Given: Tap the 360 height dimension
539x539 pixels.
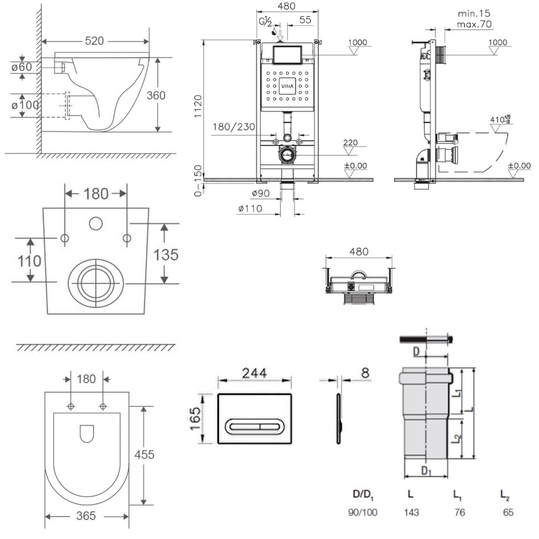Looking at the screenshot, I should [x=155, y=94].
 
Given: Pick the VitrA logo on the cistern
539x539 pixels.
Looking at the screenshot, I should [x=287, y=85].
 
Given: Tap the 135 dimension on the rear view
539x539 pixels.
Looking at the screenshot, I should [x=166, y=254].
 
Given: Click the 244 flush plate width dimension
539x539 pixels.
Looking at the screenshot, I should [x=254, y=372].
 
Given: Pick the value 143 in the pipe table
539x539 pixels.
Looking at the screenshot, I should [x=411, y=513].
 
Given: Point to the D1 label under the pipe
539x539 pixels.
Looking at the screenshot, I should [x=426, y=472].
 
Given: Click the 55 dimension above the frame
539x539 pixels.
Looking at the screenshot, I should [x=305, y=20].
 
